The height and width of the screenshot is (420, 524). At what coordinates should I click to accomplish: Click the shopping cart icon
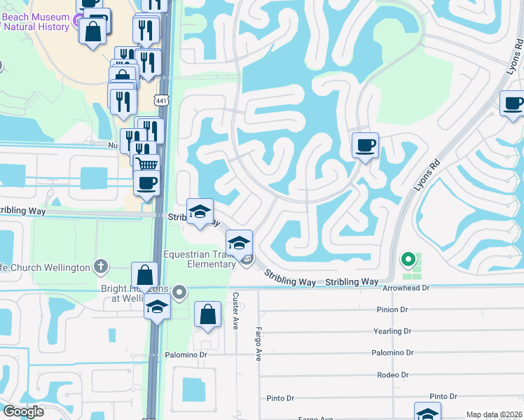[147, 165]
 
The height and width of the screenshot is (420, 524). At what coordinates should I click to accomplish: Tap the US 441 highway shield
[162, 101]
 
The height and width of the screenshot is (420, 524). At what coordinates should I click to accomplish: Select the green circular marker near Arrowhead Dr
[408, 260]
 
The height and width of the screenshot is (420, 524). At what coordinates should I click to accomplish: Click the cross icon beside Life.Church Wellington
[102, 267]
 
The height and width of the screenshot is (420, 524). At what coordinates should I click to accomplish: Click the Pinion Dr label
[392, 309]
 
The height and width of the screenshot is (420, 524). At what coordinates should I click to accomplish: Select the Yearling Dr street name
[392, 331]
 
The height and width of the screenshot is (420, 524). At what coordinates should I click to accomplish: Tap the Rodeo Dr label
[392, 375]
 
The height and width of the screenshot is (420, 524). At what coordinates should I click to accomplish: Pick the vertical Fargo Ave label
[258, 344]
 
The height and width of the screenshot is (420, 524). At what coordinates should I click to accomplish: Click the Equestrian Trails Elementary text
[200, 259]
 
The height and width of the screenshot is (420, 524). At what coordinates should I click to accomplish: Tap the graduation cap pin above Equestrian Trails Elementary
[239, 243]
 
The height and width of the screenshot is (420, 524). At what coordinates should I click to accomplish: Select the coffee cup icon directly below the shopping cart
[146, 184]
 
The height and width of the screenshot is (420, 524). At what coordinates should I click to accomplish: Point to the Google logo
[23, 412]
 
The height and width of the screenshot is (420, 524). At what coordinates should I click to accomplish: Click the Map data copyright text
[494, 414]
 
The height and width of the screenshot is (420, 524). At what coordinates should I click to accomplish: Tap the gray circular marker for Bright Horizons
[180, 292]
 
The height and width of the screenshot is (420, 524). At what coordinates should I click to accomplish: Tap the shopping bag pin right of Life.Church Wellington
[144, 276]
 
